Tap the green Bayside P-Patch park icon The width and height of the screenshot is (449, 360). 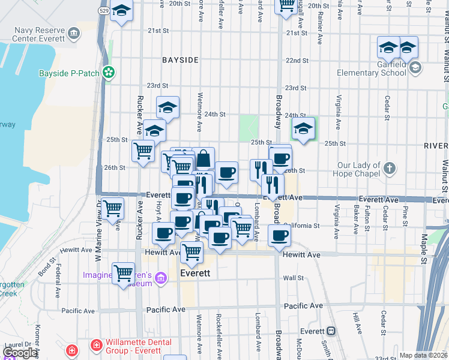pyautogui.click(x=109, y=73)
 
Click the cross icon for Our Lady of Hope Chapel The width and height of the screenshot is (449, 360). pyautogui.click(x=389, y=169)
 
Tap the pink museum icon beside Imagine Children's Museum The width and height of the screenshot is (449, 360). pyautogui.click(x=160, y=277)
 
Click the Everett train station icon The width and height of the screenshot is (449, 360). pyautogui.click(x=330, y=331)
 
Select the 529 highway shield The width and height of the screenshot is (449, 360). pyautogui.click(x=103, y=11)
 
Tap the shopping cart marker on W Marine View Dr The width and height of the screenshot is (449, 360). pyautogui.click(x=112, y=209)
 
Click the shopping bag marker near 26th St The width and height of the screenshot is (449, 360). pyautogui.click(x=203, y=158)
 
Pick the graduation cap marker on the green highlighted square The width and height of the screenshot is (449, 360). pyautogui.click(x=303, y=128)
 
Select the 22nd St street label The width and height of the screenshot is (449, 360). pyautogui.click(x=297, y=61)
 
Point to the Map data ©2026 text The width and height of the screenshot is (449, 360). pyautogui.click(x=423, y=355)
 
